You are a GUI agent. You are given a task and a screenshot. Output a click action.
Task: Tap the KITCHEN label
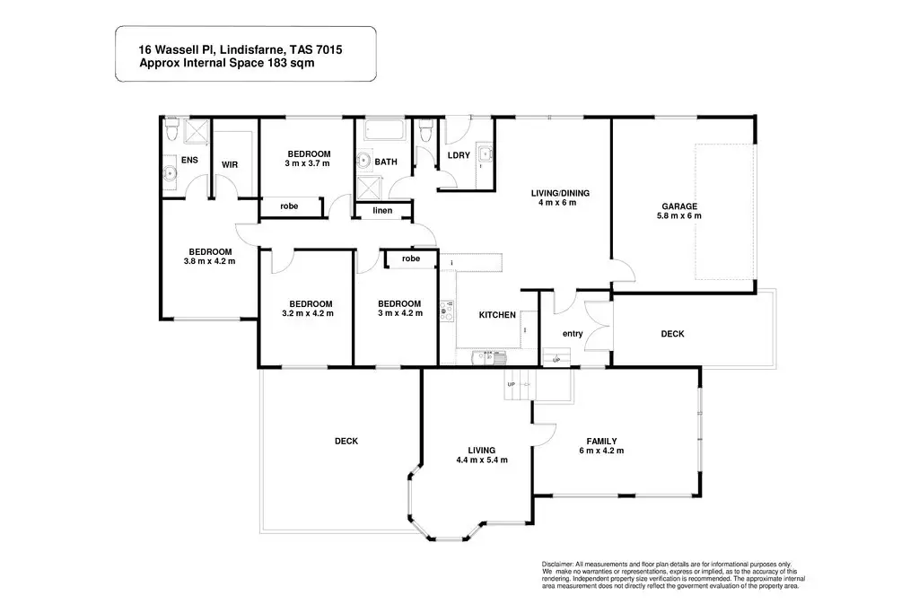tap(496, 315)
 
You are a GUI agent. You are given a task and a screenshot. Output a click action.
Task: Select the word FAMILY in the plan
tap(600, 441)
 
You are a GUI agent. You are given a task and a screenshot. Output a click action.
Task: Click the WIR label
tap(229, 164)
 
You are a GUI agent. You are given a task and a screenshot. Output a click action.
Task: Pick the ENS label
tap(189, 160)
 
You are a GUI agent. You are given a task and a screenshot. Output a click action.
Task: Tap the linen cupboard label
tap(383, 211)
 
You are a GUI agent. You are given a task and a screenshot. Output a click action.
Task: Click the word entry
tap(573, 334)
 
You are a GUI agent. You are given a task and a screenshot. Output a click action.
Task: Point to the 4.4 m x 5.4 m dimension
tap(482, 460)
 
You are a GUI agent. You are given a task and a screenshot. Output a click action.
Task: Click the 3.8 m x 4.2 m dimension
tap(210, 262)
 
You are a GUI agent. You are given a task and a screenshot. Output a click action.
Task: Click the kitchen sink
tap(488, 355)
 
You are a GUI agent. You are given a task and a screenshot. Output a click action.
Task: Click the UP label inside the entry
tap(556, 360)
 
